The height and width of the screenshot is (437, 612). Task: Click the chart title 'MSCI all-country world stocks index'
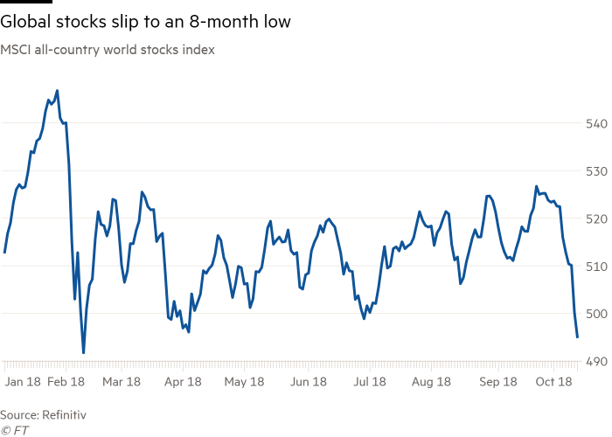point(108,50)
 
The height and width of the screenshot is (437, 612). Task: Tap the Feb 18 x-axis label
point(66,381)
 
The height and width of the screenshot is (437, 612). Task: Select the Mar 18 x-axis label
point(122,381)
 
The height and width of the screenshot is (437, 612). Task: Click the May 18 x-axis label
point(245,381)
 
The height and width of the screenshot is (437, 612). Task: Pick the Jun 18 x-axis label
point(308,381)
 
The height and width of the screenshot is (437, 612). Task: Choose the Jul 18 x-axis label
point(369,381)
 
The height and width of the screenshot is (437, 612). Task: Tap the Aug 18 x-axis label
point(431,381)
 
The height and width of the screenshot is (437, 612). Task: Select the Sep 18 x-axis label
point(494,381)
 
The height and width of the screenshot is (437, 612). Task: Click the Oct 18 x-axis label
point(553,381)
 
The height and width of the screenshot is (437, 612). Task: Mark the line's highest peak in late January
point(58,91)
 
